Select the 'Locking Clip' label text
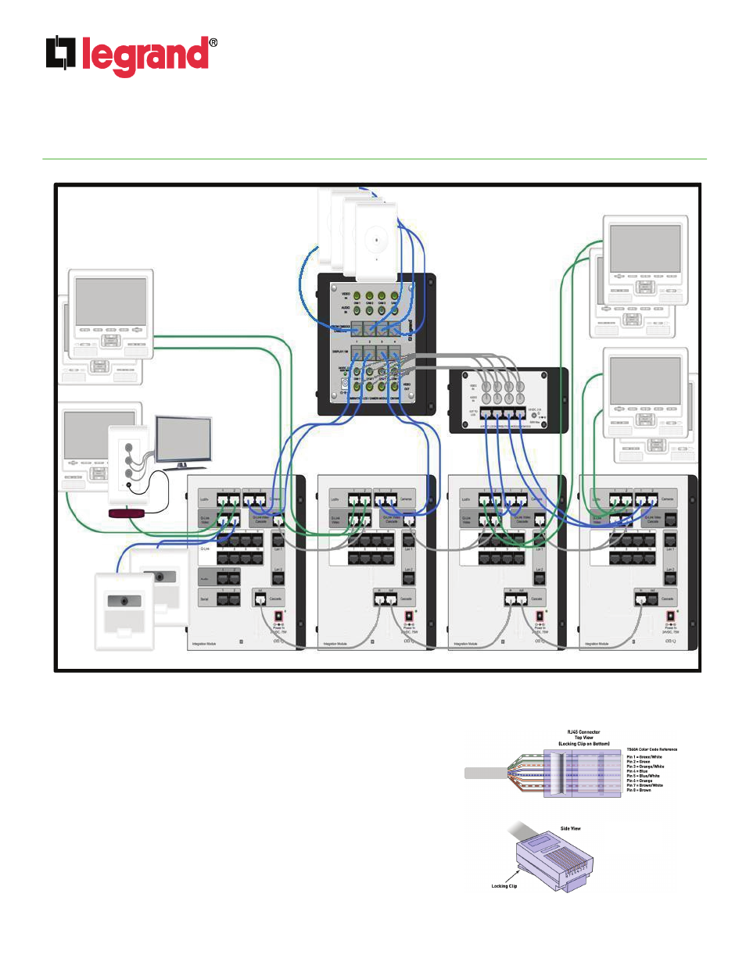click(x=504, y=886)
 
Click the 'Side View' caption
click(x=570, y=828)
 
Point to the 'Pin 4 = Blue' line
click(x=637, y=771)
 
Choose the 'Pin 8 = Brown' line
click(x=639, y=790)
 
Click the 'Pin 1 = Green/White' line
click(x=644, y=757)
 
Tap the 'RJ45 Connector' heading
click(x=583, y=732)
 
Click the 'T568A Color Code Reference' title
click(x=651, y=749)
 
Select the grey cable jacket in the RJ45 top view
click(x=486, y=773)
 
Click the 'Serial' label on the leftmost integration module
click(x=204, y=599)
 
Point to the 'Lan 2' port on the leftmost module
click(x=278, y=577)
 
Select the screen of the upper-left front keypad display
click(x=111, y=301)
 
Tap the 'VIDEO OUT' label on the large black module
click(x=407, y=385)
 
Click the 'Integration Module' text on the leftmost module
click(x=204, y=644)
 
